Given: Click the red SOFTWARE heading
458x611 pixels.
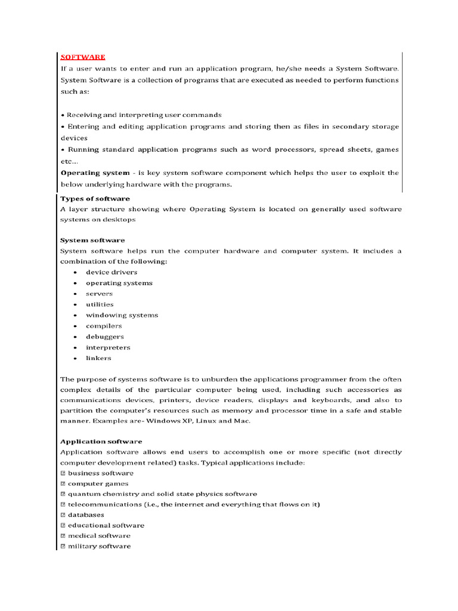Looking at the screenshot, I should [x=83, y=57].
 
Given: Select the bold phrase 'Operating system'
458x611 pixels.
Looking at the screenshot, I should [x=95, y=173].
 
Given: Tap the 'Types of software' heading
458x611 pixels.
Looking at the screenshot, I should [x=95, y=199].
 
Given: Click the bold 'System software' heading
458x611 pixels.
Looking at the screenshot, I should [x=92, y=240].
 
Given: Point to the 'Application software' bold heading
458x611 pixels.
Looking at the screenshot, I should [x=101, y=442].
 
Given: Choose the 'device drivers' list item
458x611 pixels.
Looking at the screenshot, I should [x=111, y=272].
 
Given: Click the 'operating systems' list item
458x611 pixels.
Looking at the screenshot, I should [x=119, y=283].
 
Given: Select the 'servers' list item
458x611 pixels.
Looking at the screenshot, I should [x=99, y=294].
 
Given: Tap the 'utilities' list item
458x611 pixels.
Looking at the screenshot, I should [x=100, y=304].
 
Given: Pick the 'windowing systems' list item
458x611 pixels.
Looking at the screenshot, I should [x=122, y=315].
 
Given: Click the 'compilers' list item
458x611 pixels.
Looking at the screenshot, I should [x=104, y=326].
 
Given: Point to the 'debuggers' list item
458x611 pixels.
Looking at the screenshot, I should [x=105, y=337].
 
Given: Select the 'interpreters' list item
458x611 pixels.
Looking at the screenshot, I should [x=108, y=347].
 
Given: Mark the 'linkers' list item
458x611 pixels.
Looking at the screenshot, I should [x=98, y=358].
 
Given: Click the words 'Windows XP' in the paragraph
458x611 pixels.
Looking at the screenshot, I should [x=165, y=421].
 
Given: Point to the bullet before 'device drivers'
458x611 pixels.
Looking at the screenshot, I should [x=75, y=273].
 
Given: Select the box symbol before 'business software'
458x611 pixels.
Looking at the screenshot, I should [x=63, y=473].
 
